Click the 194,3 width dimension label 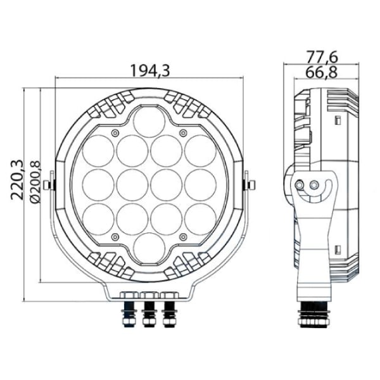[150, 70]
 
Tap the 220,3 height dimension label [17, 180]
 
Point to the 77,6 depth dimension [322, 57]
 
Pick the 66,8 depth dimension [321, 72]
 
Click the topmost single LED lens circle [149, 122]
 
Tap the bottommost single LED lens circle [149, 248]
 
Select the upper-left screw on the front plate [115, 132]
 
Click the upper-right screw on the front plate [184, 132]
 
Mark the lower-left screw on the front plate [115, 237]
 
